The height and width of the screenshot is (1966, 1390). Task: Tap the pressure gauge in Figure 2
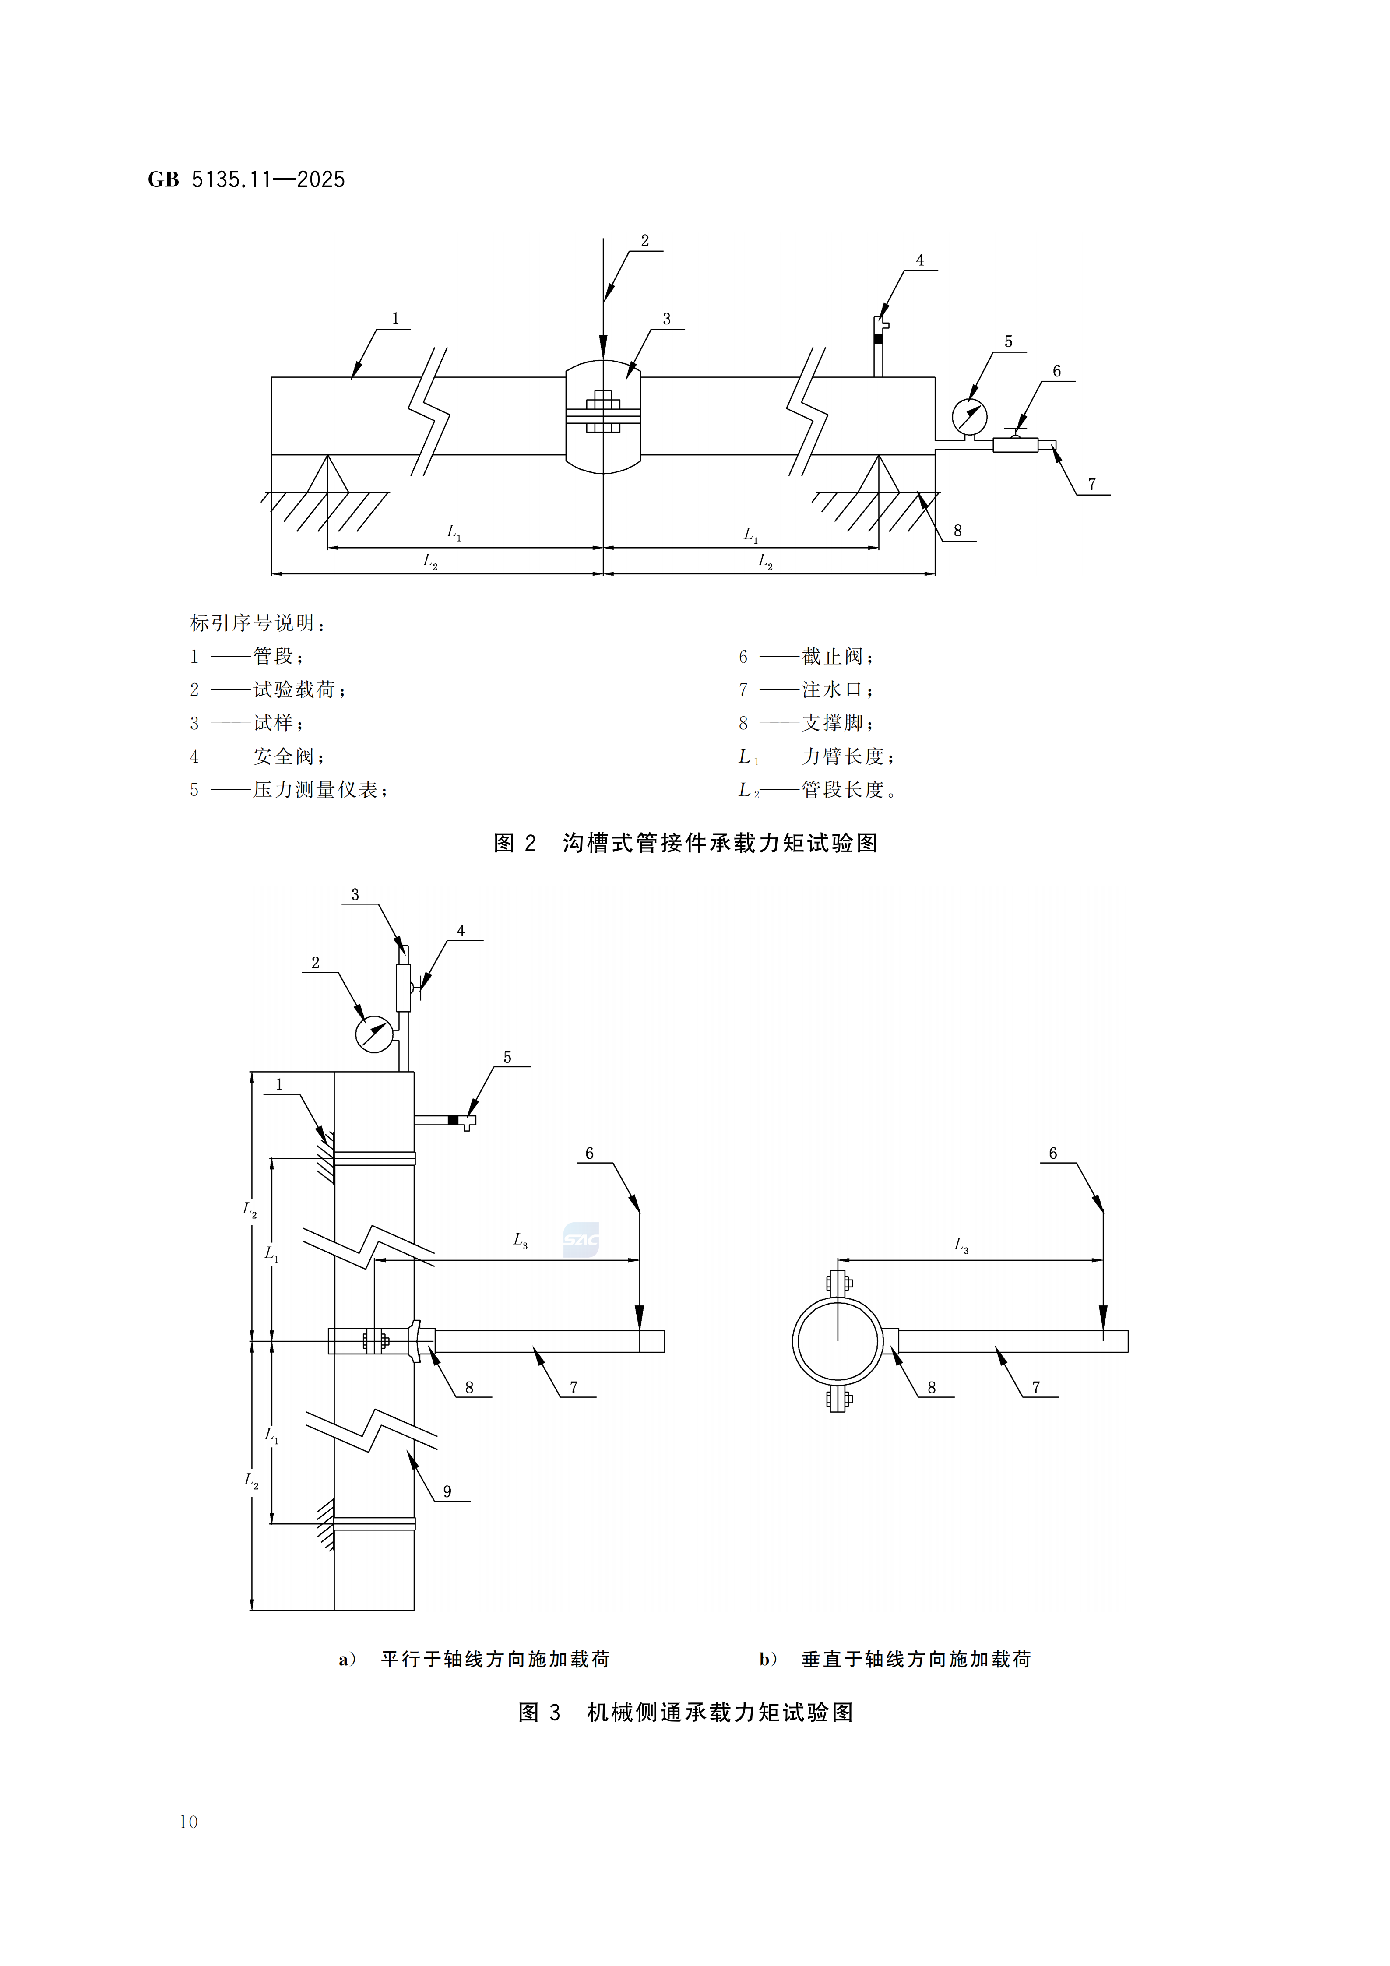[969, 417]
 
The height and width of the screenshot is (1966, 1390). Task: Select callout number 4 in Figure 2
[920, 260]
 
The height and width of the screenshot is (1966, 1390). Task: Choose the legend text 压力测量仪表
[315, 790]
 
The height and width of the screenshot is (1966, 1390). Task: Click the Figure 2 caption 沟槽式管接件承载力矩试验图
[719, 844]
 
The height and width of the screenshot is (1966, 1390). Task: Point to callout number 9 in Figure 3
[447, 1491]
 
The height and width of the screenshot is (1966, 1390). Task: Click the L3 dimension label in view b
[961, 1245]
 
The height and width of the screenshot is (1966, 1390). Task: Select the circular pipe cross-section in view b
[837, 1341]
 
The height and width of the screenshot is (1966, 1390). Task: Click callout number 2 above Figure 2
[645, 241]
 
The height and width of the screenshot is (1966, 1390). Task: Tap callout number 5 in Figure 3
[507, 1058]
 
